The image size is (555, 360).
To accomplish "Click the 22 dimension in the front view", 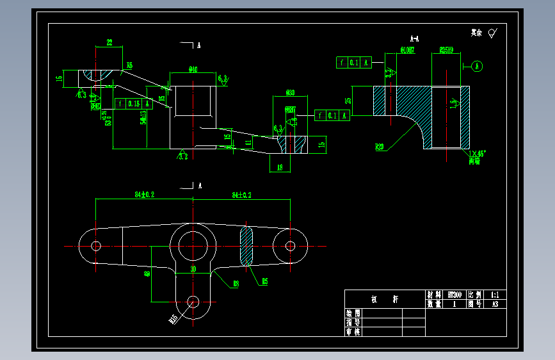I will coord(109,42).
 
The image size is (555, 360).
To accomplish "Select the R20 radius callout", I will coord(380,147).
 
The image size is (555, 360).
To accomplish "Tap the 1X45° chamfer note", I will coord(477,154).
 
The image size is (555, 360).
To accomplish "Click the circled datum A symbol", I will coord(478,66).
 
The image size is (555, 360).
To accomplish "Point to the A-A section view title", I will coord(415,38).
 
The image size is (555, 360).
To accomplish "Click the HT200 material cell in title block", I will coord(455,295).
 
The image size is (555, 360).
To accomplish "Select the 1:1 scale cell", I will coord(495,295).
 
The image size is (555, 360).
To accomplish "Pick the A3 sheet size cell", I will coord(495,304).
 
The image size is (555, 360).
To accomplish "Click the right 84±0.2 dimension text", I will coord(241,194).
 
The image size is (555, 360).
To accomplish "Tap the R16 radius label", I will coord(173,318).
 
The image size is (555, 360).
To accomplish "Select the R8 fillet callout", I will coord(236,282).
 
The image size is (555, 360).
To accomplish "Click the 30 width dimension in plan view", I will coord(193,270).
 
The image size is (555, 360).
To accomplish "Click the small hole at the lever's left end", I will coord(97,246).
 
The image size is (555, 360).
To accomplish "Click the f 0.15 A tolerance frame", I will coord(134,103).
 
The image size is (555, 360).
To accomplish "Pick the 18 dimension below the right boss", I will coord(280,168).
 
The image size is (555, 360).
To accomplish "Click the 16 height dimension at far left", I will coord(59,79).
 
